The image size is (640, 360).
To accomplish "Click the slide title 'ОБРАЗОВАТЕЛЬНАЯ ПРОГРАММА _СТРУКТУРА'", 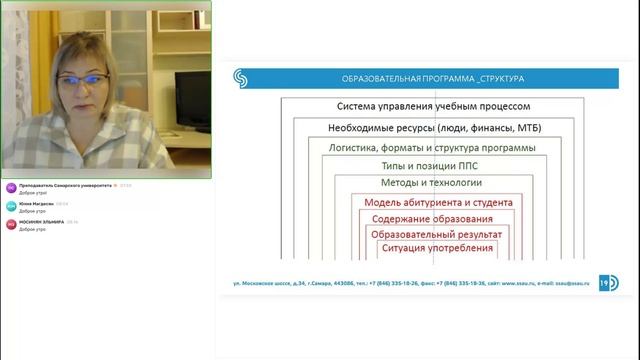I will click(x=433, y=77).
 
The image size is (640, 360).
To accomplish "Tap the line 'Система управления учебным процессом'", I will click(x=432, y=106).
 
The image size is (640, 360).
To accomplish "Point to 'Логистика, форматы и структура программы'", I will click(x=432, y=147).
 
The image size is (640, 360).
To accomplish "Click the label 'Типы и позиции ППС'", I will click(x=432, y=165).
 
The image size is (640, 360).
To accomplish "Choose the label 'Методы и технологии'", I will click(x=432, y=183).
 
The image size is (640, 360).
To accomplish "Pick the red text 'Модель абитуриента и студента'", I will click(x=432, y=202).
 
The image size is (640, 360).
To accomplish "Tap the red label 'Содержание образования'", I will click(x=431, y=218).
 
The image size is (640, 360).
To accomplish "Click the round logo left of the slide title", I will click(x=240, y=77).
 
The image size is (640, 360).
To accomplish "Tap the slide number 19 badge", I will click(x=607, y=282).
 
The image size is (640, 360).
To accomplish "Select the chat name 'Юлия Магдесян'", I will click(x=36, y=204).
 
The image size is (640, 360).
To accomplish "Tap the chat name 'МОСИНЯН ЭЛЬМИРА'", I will click(x=41, y=222).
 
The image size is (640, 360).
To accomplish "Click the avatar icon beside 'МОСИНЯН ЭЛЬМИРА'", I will click(x=10, y=225).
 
